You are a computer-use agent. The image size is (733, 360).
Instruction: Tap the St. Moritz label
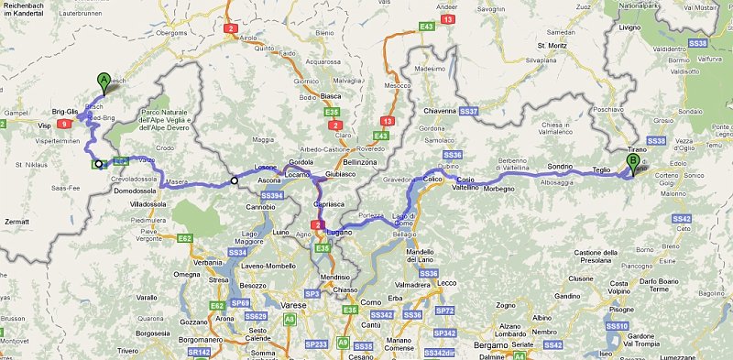pos(554,44)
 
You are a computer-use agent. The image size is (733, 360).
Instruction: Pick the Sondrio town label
pos(561,166)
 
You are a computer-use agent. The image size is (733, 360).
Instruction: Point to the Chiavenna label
pos(439,111)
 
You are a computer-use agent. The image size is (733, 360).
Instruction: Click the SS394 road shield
pos(271,195)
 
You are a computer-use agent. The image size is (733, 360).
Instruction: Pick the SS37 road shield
pos(469,111)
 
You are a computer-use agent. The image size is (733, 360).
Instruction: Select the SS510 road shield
pos(618,326)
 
